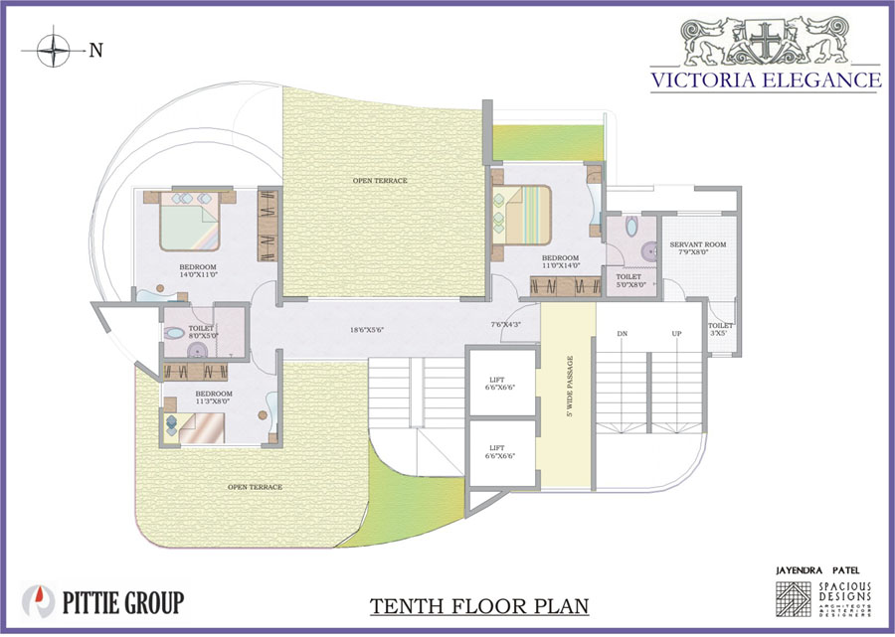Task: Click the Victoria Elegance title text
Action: [766, 80]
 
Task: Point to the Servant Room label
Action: [697, 244]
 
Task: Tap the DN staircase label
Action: [623, 334]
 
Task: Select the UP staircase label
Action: [677, 334]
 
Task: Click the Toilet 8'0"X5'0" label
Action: [202, 330]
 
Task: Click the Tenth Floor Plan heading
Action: [479, 605]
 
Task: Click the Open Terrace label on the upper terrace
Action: [380, 180]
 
